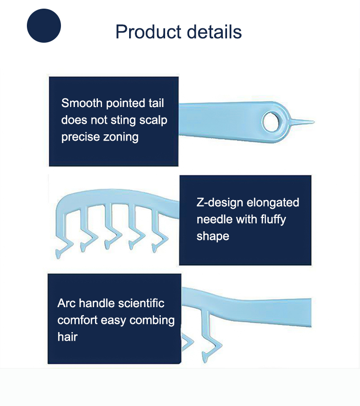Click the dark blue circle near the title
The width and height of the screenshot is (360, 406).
(x=44, y=25)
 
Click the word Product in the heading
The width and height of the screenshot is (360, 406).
(x=148, y=32)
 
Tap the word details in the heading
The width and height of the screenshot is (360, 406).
(x=214, y=32)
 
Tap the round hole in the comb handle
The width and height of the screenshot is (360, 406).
(x=271, y=122)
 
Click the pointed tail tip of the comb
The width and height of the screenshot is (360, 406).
(x=314, y=121)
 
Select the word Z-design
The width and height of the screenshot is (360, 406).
(x=219, y=203)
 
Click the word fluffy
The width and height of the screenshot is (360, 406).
(x=273, y=220)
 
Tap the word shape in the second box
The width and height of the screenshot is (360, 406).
(x=213, y=237)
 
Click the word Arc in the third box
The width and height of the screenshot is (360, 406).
(x=67, y=303)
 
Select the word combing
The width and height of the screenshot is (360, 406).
(x=152, y=321)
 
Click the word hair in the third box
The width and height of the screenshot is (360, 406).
(x=67, y=337)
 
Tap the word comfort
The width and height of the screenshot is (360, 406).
(x=78, y=320)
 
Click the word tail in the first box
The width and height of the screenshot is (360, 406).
(x=156, y=103)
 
